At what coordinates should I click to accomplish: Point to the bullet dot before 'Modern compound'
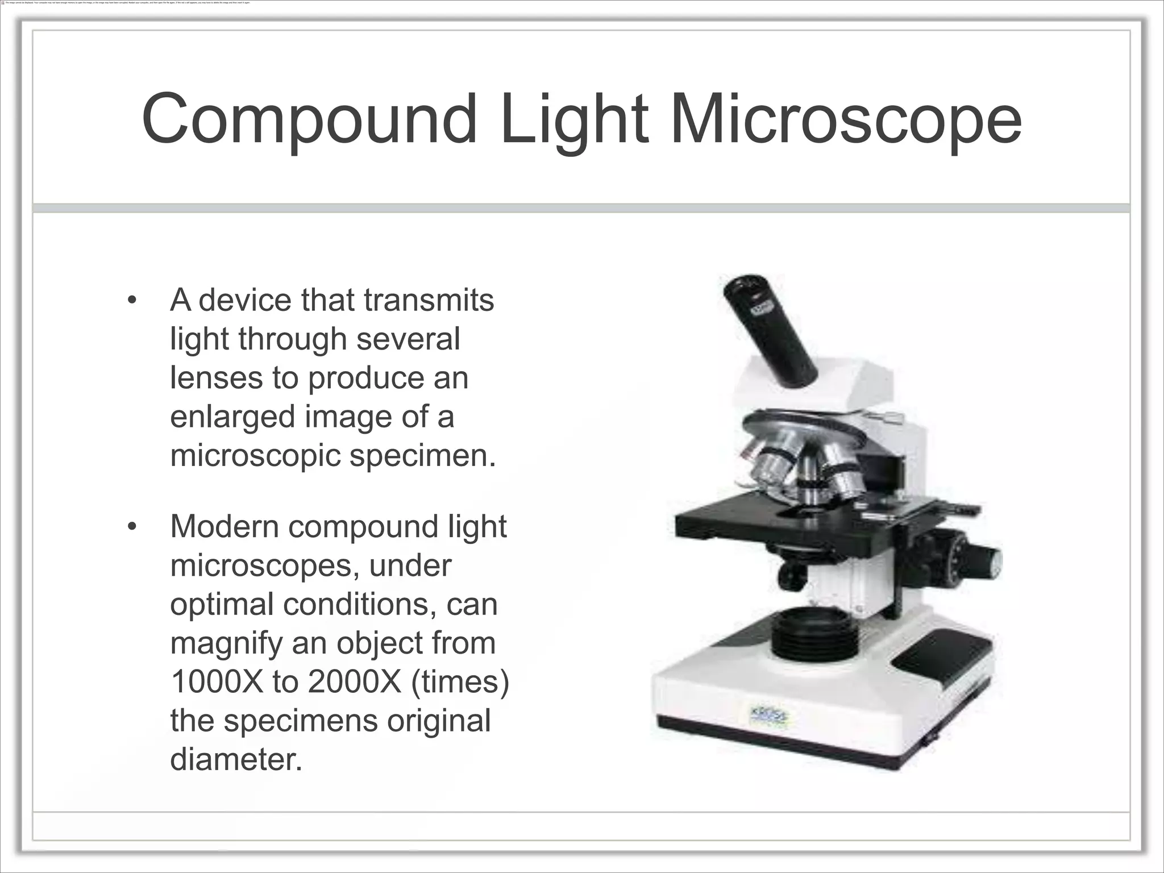pos(132,527)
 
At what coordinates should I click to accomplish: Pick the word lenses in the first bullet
pos(216,377)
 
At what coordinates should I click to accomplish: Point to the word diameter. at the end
pos(236,759)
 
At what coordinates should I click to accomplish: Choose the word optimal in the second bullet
pos(221,604)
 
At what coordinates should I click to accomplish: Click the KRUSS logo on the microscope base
pos(768,717)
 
